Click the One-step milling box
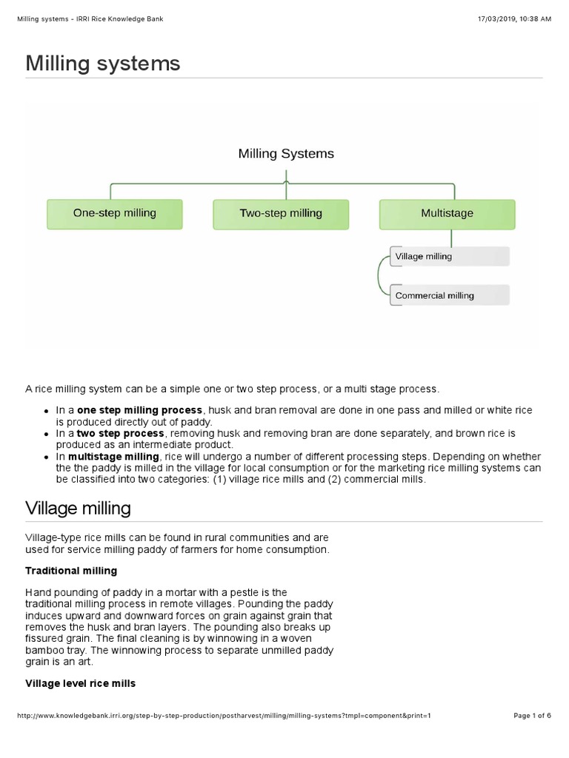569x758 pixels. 114,213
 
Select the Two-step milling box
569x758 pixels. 281,213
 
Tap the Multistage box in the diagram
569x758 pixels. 447,213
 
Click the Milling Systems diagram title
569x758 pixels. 286,154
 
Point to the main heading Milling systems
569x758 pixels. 103,64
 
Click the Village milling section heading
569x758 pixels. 78,509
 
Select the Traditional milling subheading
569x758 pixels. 71,571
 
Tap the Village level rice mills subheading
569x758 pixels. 80,683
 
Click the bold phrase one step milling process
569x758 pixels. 139,410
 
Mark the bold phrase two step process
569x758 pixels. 121,433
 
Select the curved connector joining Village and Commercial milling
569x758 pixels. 380,276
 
